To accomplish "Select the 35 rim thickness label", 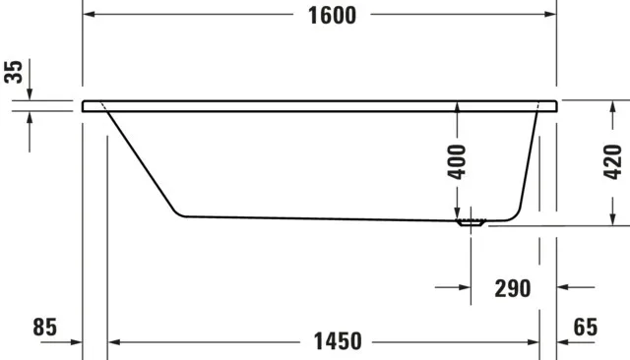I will pyautogui.click(x=13, y=73).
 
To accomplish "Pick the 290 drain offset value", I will pyautogui.click(x=512, y=288).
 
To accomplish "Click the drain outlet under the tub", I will pyautogui.click(x=472, y=223).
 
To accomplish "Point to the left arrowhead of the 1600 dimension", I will pyautogui.click(x=88, y=15).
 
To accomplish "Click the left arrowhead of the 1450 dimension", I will pyautogui.click(x=113, y=342).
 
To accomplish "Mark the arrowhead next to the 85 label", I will pyautogui.click(x=75, y=342).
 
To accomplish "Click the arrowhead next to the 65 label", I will pyautogui.click(x=565, y=342).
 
